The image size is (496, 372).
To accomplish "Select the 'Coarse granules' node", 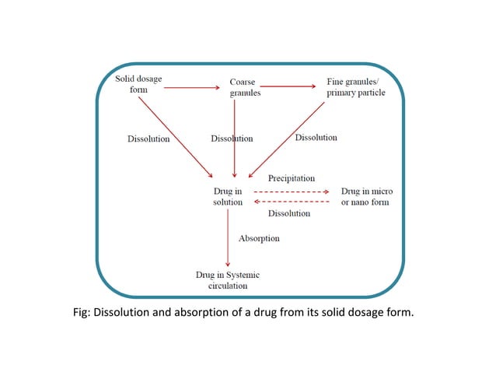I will pos(245,87).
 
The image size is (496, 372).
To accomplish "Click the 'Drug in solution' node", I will pos(228,196).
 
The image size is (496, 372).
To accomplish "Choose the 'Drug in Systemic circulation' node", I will pos(228,280).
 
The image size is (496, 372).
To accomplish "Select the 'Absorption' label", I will pos(258,238).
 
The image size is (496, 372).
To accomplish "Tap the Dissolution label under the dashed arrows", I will pos(288,213).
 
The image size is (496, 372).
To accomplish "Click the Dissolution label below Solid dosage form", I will pos(148,139).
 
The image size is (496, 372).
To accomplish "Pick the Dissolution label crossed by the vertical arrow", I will pos(232,139).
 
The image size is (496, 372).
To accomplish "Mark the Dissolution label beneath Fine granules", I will pos(316,138).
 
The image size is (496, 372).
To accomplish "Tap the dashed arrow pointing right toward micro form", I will pos(292,191).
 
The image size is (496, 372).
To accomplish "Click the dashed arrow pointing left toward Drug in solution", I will pos(292,202).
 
